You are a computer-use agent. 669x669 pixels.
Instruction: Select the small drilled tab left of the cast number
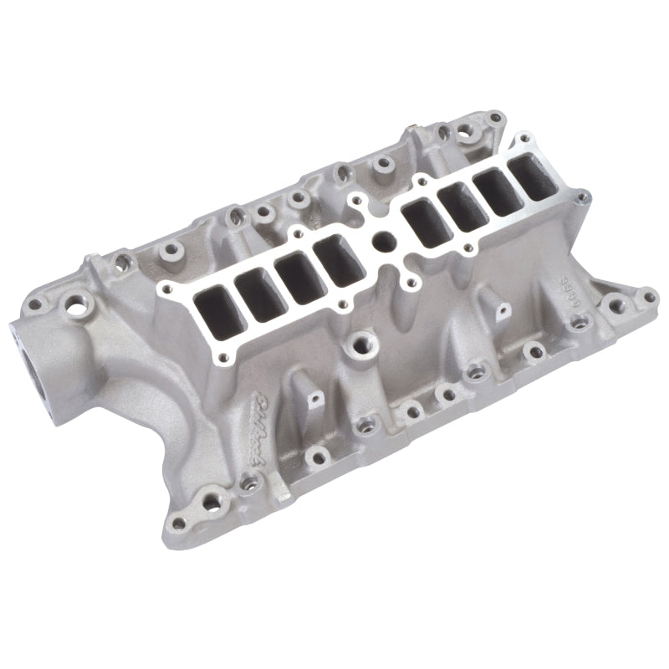503,310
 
